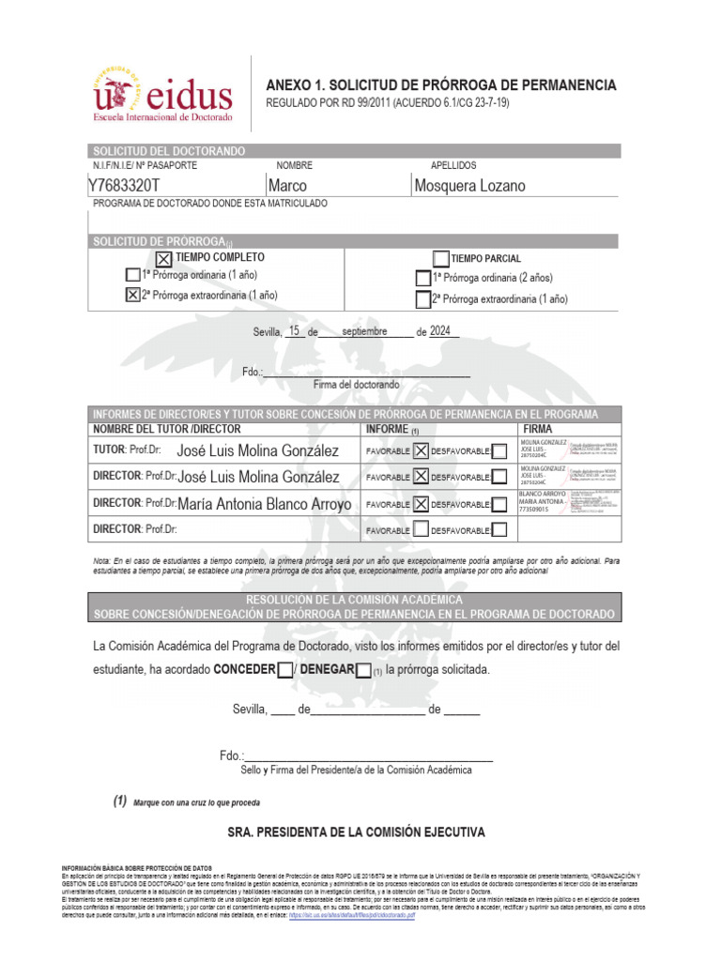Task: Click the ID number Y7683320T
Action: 124,186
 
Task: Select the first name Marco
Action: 287,186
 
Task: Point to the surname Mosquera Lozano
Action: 469,186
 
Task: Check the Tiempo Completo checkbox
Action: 162,259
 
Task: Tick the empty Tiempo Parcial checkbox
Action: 441,259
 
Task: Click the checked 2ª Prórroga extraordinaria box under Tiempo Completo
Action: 132,295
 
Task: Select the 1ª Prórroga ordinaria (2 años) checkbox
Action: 422,279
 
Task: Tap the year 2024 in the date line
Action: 441,330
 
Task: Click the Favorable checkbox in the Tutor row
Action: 422,451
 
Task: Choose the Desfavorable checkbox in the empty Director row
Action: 500,530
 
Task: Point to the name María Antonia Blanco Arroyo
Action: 265,504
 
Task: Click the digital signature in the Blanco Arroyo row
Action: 568,504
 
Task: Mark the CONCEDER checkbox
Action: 284,670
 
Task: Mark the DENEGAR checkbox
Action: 363,670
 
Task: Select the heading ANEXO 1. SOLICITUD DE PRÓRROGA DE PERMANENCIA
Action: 441,85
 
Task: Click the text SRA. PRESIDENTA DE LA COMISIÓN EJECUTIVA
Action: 357,832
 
